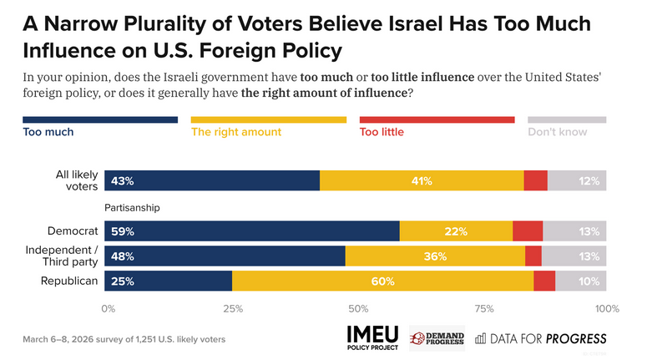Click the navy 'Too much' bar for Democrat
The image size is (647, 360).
point(250,231)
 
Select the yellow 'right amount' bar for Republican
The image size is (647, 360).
point(382,281)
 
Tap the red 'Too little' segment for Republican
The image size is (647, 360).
point(544,281)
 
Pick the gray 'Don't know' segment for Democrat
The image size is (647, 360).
point(574,231)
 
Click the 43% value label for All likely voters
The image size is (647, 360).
point(123,181)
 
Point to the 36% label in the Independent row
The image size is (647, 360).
point(435,256)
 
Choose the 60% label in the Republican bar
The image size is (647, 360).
point(382,281)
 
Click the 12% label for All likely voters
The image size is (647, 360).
point(589,181)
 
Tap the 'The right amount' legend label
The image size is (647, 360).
point(236,132)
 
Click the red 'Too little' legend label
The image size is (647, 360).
point(381,132)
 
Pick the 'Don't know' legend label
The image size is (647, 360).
point(557,132)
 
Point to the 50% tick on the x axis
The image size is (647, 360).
point(357,309)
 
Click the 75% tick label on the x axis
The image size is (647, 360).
point(483,309)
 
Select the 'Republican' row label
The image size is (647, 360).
point(70,281)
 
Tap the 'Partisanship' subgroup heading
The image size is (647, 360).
point(132,207)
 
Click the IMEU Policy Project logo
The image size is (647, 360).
point(372,337)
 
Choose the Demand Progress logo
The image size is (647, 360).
point(437,337)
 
